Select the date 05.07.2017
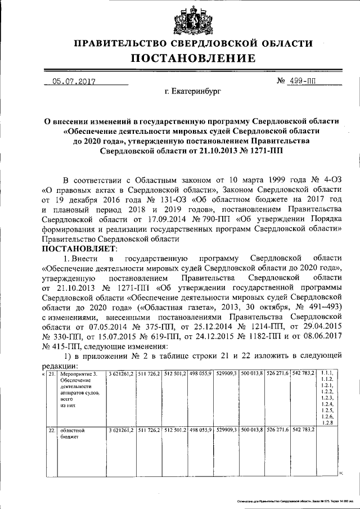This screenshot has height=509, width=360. (x=74, y=82)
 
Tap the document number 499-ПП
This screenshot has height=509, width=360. (x=303, y=82)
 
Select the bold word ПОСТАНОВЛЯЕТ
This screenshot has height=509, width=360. (x=79, y=248)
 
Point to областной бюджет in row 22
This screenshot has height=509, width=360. (x=72, y=433)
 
